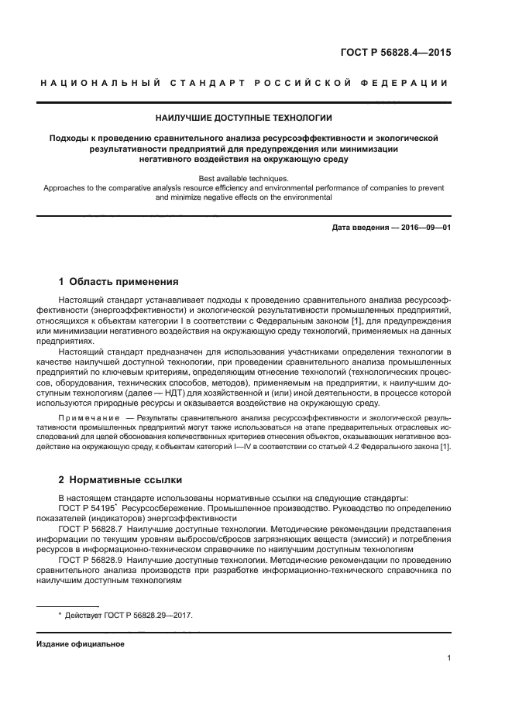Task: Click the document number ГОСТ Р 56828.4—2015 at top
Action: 396,53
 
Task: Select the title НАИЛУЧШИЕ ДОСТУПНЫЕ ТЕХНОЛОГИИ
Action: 244,118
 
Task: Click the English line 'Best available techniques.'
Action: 244,178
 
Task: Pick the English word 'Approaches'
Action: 65,187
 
